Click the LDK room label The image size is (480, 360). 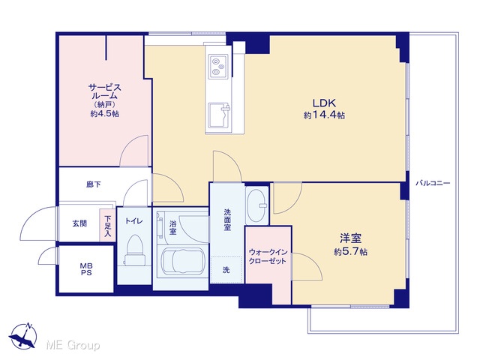coord(324,103)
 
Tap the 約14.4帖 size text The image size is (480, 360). coord(324,115)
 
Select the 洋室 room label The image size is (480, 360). coord(350,238)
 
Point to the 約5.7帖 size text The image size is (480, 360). coord(350,252)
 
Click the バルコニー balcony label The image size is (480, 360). coord(433,183)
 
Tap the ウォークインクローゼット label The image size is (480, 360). coord(268,256)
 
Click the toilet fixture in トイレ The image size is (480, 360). coord(134,250)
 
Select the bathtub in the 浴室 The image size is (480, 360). coord(183,261)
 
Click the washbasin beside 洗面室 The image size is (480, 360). coord(256,205)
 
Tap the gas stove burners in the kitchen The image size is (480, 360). coord(218,66)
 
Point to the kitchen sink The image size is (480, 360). coord(218,115)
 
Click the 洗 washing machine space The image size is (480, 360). coord(226,270)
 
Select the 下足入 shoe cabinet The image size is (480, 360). coord(107,225)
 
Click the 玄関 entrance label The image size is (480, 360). coord(79,223)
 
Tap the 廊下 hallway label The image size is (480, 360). coord(93,184)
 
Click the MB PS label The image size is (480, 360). coord(86,269)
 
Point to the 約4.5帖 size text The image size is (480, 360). coord(105,114)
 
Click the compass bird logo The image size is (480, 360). coord(23,335)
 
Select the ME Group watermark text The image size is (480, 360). coord(73,345)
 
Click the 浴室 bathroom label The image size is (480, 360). coord(172,227)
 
